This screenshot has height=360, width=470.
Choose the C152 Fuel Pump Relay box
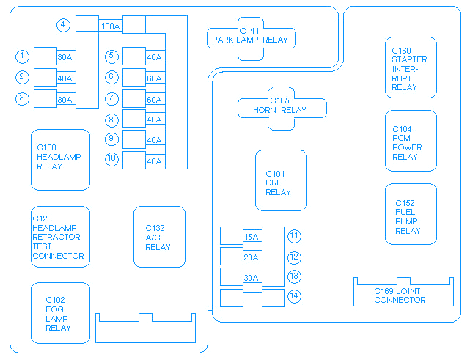(411, 214)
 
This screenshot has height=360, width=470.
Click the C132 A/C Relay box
(159, 237)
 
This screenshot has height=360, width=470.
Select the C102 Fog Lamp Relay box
(60, 312)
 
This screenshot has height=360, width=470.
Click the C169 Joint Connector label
(400, 295)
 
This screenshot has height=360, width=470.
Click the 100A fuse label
(111, 26)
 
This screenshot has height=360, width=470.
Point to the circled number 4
(64, 25)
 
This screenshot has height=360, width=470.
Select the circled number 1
(23, 56)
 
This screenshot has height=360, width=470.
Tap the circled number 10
(111, 158)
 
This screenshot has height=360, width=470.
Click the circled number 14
(295, 297)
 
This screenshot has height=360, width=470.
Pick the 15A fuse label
(251, 237)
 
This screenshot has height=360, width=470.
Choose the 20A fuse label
(251, 257)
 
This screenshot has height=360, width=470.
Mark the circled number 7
(111, 98)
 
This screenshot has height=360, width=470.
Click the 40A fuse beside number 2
(65, 78)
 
